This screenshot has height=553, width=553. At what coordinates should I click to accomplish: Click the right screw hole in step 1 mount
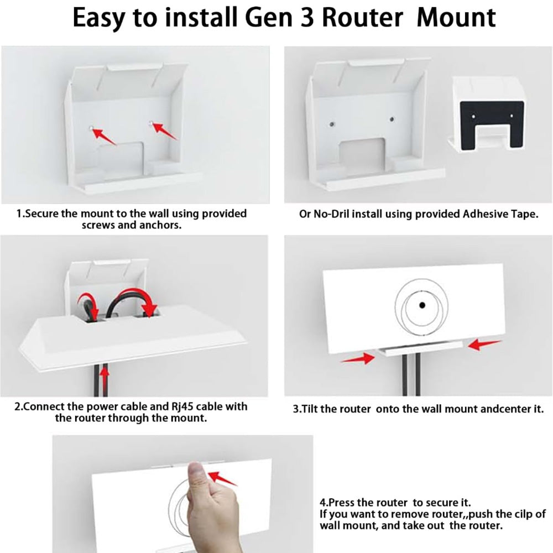pos(151,124)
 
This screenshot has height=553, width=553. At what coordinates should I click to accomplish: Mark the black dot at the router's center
pos(422,305)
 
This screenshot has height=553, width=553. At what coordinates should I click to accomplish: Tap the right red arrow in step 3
pos(483,345)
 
